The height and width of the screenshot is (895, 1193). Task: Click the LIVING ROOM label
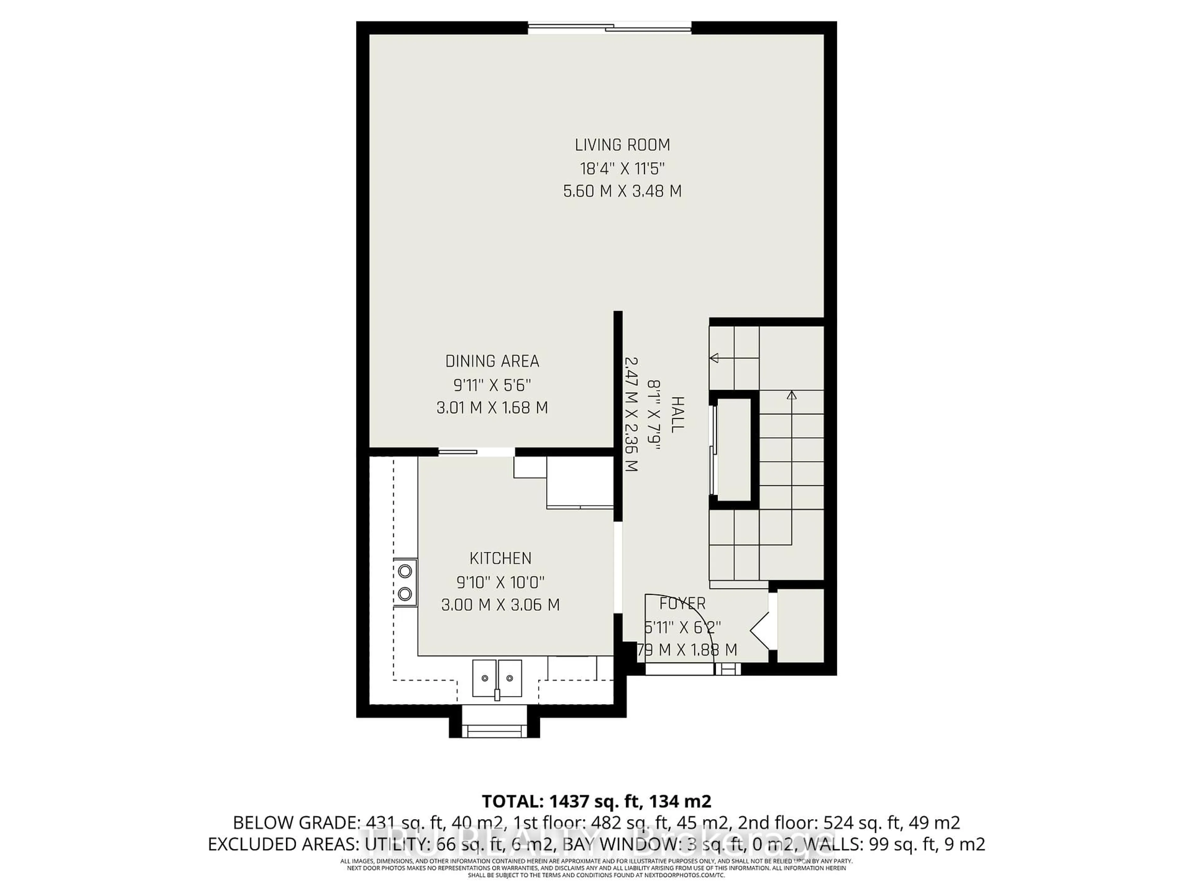tap(622, 145)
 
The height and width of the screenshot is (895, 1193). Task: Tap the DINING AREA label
tap(492, 361)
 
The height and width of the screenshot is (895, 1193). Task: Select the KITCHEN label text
tap(501, 558)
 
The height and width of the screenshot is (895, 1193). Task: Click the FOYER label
tap(683, 603)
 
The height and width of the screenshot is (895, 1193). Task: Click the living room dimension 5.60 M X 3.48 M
tap(622, 191)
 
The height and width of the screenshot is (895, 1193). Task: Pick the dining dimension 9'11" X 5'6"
tap(492, 385)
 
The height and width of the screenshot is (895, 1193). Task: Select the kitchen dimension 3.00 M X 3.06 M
tap(501, 605)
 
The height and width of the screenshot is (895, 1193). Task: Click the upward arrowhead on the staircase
tap(791, 395)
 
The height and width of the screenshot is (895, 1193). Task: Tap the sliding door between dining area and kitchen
tap(457, 452)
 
